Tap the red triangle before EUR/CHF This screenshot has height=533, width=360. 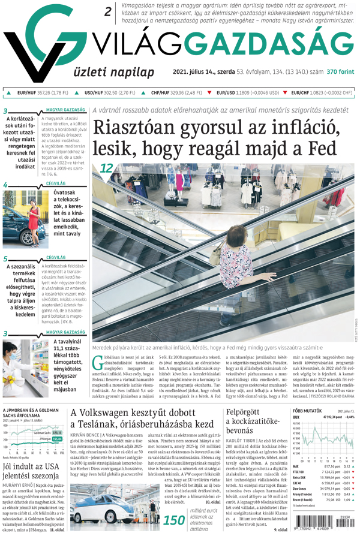tap(286, 93)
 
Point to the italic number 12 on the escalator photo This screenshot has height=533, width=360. tap(107, 169)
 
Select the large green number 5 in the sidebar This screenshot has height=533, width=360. tap(5, 259)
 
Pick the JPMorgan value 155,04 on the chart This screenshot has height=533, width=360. tap(57, 439)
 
